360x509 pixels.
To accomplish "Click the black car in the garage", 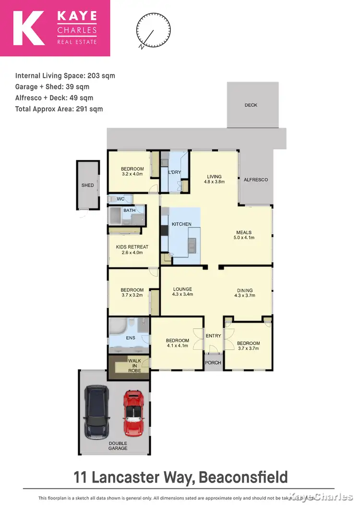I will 98,412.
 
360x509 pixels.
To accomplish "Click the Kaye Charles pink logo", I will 55,28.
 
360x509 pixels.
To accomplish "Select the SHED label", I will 87,185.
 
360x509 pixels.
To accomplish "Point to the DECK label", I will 251,105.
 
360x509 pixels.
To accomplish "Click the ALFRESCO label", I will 256,180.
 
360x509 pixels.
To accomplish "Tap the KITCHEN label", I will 182,224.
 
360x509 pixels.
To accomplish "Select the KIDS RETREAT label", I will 132,247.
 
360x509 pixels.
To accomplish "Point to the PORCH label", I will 214,363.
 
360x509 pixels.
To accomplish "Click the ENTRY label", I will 214,336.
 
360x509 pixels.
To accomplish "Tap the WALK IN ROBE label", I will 134,366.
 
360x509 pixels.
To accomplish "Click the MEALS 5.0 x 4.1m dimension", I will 244,237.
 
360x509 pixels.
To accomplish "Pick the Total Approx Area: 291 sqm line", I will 59,109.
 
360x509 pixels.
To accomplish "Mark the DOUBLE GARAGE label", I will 118,446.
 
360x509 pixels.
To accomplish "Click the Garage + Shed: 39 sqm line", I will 52,87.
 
